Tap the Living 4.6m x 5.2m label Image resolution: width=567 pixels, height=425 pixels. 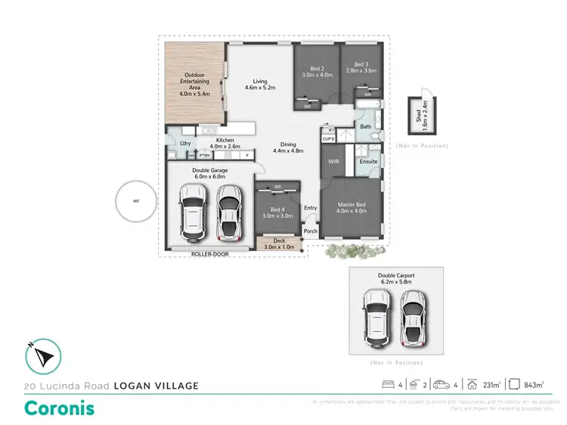(260, 85)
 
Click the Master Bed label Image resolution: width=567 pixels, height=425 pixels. (351, 208)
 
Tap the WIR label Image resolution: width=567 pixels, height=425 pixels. (333, 162)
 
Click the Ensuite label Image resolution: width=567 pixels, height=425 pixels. (368, 162)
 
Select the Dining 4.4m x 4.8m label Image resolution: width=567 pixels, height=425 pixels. (287, 147)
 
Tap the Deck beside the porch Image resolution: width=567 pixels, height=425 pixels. (279, 243)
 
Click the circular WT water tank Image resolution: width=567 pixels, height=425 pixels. (136, 202)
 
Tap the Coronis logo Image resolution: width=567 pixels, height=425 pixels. (60, 408)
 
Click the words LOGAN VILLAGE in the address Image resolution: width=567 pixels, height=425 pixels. (156, 386)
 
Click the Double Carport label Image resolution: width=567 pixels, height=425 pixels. (396, 278)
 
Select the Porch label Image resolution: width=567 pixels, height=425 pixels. (310, 232)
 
